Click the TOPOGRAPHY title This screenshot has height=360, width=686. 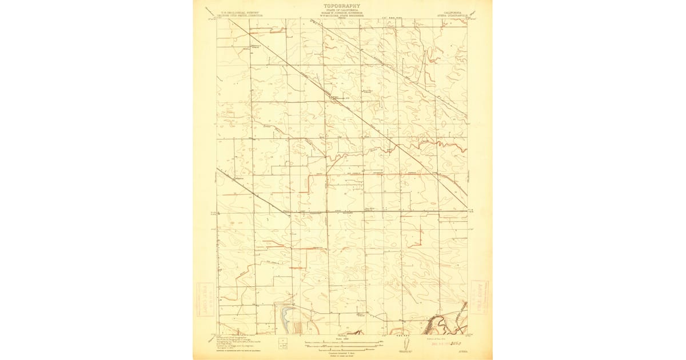coord(342,6)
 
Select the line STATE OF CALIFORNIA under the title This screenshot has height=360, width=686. coord(342,11)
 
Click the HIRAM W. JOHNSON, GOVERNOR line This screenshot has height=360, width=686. coord(342,14)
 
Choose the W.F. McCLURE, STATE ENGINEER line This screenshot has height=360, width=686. coord(342,17)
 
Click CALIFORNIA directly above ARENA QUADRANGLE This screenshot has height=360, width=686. coord(449,12)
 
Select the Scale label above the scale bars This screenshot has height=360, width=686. coord(342,338)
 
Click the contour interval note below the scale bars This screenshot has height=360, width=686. coord(342,350)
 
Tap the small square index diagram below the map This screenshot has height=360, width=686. coord(283,344)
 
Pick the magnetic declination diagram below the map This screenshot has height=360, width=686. coord(405,345)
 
